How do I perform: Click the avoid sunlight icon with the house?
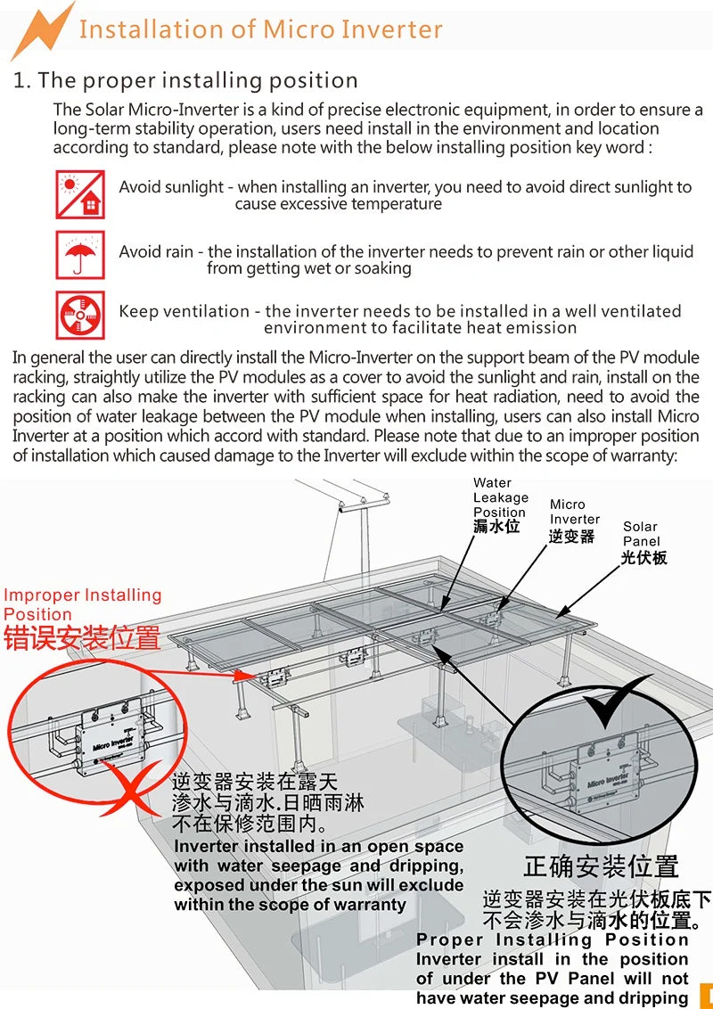pos(80,194)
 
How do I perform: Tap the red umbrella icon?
pos(80,254)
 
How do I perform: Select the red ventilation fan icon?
pos(80,315)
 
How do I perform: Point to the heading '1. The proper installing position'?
pos(185,80)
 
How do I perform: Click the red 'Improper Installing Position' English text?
pos(82,604)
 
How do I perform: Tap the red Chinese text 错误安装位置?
pos(82,638)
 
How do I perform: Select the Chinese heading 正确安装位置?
pos(601,865)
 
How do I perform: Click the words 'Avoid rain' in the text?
pos(156,252)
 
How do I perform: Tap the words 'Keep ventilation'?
pos(184,311)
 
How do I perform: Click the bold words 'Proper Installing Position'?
pos(553,939)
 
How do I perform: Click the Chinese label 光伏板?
pos(643,558)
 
